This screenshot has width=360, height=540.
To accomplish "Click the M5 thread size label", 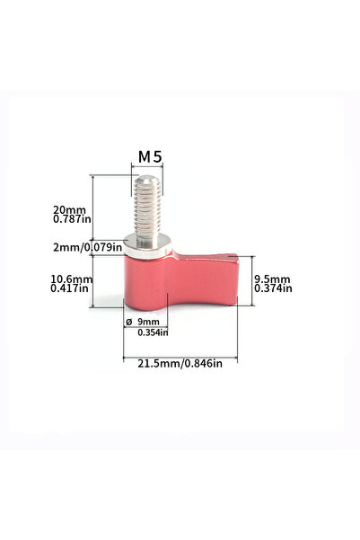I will point(149,156).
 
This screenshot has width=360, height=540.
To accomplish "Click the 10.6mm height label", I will point(71,279).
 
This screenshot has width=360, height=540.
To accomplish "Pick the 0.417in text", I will point(71,288).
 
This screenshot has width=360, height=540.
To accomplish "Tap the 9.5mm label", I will point(271,279).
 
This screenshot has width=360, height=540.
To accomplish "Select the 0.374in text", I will point(272,288).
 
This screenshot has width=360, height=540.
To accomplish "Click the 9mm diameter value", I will point(147,322).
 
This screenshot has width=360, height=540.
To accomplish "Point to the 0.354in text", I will point(153,332).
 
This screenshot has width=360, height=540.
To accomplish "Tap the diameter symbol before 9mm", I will point(128,322).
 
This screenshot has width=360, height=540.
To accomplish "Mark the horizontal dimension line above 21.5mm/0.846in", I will point(180,353).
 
